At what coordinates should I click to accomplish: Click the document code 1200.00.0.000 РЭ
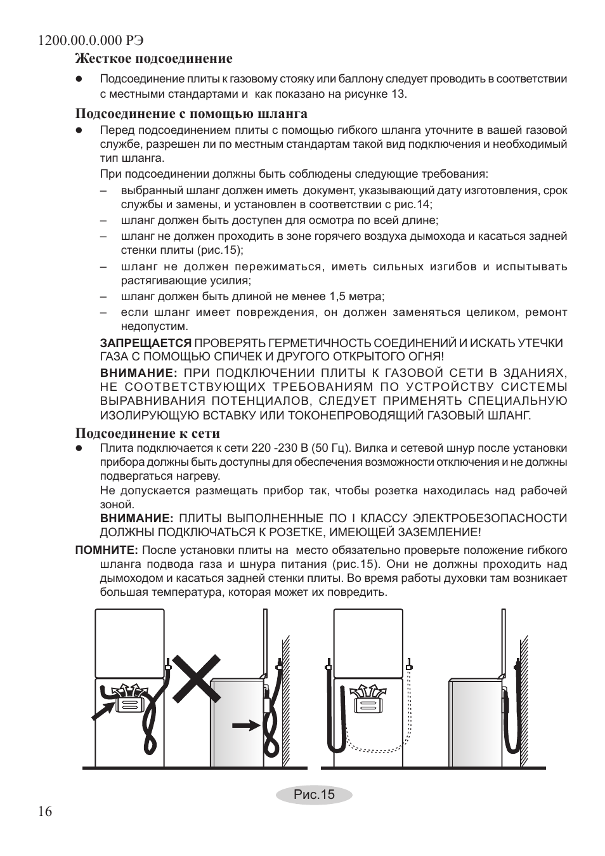(x=91, y=40)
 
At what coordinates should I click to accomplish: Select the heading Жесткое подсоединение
(x=154, y=59)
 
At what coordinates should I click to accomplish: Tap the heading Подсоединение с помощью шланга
(x=192, y=114)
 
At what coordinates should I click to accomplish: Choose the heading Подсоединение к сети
(x=148, y=433)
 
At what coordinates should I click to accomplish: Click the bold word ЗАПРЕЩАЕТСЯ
(x=146, y=343)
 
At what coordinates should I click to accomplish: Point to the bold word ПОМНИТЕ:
(x=107, y=550)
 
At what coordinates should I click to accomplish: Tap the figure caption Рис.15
(x=313, y=794)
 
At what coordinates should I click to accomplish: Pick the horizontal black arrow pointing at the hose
(x=246, y=724)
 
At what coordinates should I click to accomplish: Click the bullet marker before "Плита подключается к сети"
(x=80, y=448)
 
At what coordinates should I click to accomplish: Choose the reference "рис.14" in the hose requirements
(x=414, y=204)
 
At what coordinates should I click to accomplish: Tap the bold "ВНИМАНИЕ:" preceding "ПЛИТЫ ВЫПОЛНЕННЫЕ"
(x=137, y=518)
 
